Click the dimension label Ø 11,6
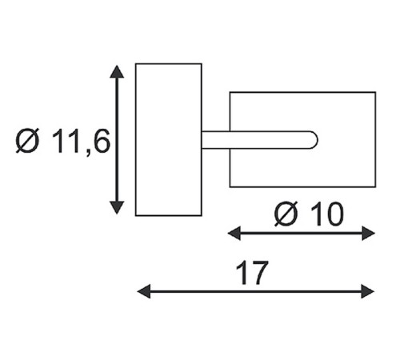point(63,142)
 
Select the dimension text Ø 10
point(309,214)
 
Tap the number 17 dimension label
point(252,273)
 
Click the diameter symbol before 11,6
point(27,141)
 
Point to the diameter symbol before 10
point(286,214)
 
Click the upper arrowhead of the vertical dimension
point(117,71)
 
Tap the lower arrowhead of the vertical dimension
point(117,208)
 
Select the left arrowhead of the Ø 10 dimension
point(234,233)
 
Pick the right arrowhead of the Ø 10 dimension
point(369,233)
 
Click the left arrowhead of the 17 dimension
point(144,291)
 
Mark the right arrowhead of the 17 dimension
point(368,291)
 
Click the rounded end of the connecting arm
point(314,140)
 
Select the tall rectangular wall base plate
point(169,139)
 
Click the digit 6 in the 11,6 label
point(102,141)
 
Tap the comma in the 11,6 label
point(89,153)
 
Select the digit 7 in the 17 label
point(258,273)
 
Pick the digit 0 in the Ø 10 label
point(334,214)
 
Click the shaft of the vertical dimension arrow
point(117,139)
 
